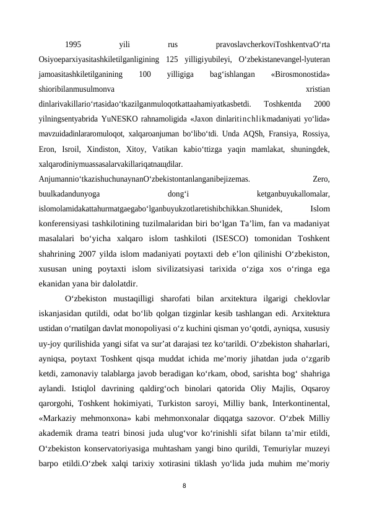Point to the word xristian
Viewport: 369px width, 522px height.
pos(318,89)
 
